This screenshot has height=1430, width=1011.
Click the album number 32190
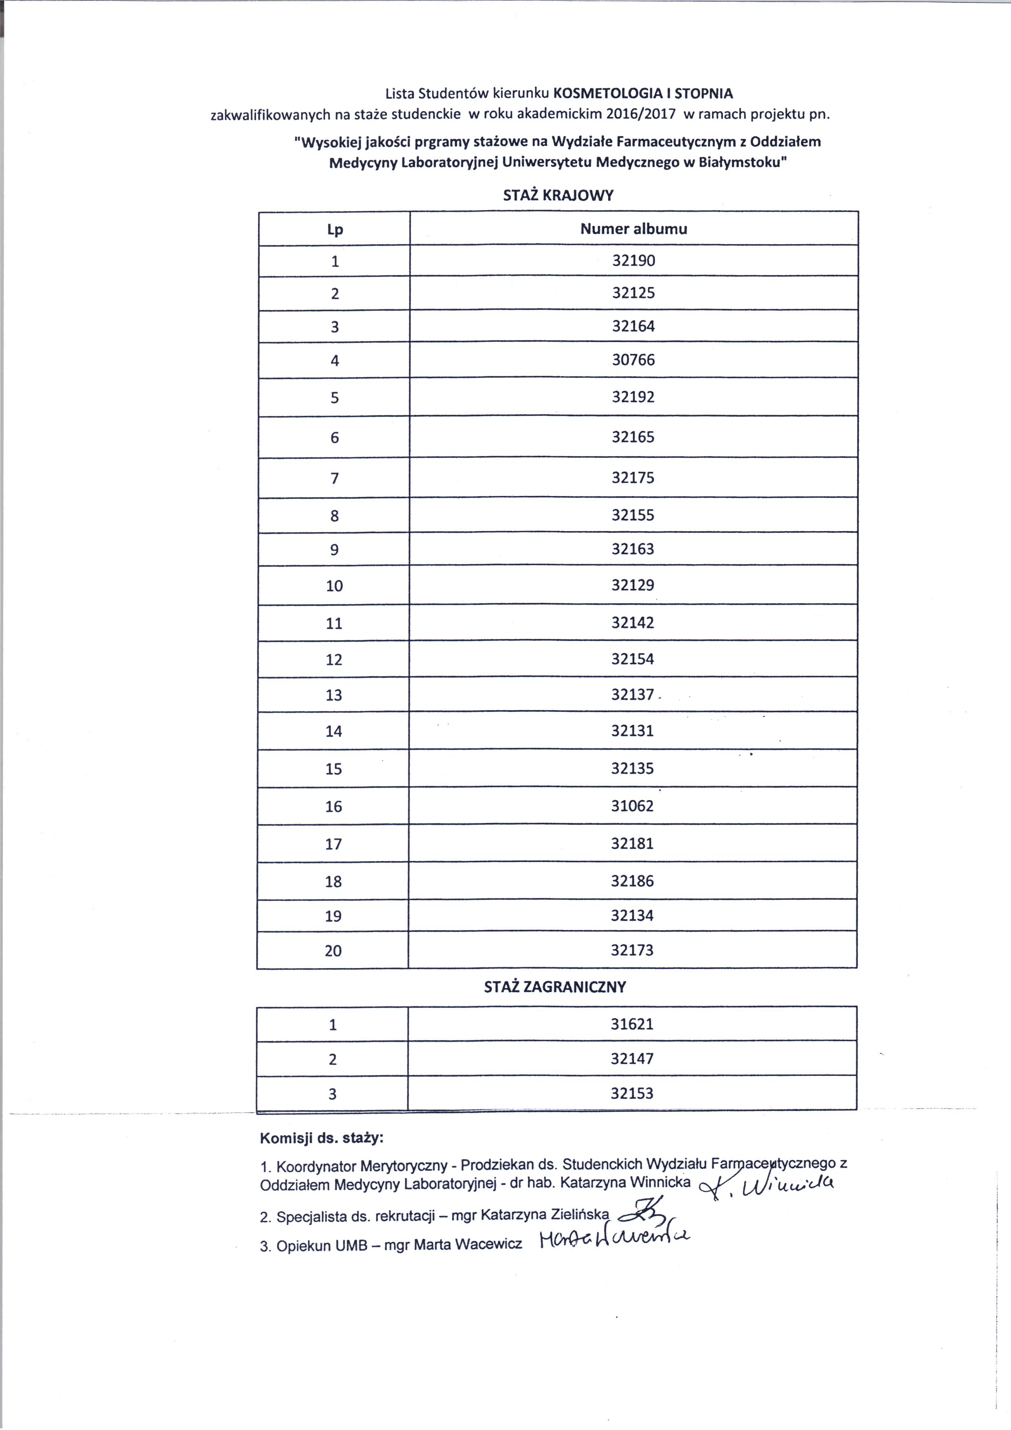pos(634,260)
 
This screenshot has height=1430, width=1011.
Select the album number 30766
pos(634,360)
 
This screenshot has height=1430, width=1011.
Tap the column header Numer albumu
pos(634,229)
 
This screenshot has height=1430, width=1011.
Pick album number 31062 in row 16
pos(633,806)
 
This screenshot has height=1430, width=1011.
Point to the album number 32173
pos(632,950)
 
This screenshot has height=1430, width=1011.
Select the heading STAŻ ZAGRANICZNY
pos(555,986)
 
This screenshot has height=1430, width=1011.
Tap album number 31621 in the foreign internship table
pos(632,1024)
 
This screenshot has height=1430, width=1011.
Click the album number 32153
pos(632,1093)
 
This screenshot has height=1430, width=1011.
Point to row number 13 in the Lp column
pos(334,695)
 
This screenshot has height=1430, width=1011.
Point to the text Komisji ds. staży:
pos(321,1139)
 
